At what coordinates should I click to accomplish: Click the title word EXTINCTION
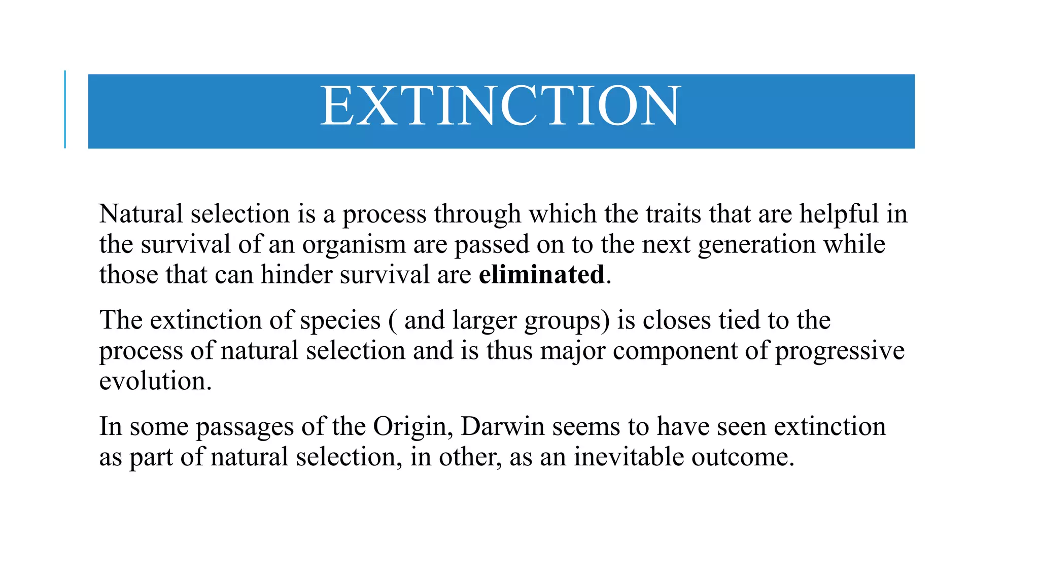tap(500, 106)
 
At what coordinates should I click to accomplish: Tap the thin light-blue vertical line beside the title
tap(65, 109)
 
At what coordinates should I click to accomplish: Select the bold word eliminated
tap(541, 275)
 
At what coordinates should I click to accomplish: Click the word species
tap(340, 321)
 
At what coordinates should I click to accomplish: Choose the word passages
tap(245, 427)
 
